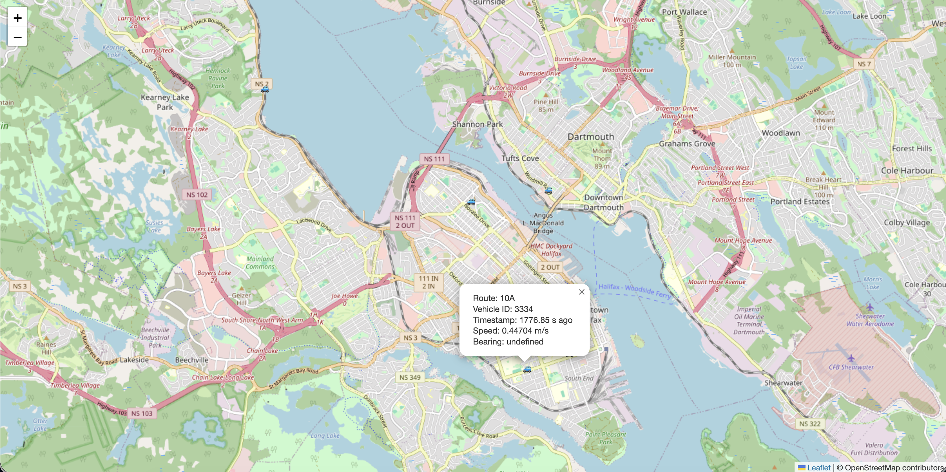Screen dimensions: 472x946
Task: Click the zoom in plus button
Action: [x=17, y=18]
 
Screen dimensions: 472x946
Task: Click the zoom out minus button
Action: [x=17, y=37]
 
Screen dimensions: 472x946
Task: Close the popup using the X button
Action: [x=582, y=292]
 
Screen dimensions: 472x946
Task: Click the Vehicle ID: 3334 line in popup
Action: [x=502, y=309]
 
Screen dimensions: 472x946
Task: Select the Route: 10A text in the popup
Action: [x=494, y=298]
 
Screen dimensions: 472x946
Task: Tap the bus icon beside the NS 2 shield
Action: [x=265, y=90]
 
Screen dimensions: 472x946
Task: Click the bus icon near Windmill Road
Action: [x=548, y=191]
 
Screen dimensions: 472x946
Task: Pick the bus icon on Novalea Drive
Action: [x=471, y=202]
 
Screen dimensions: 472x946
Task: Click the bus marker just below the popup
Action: [x=527, y=369]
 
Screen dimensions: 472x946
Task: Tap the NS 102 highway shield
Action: [x=197, y=195]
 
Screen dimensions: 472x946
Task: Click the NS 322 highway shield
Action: [x=810, y=424]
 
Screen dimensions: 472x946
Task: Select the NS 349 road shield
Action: [x=410, y=377]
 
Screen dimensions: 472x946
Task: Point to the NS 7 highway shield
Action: [x=864, y=64]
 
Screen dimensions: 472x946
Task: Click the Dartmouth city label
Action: [x=591, y=137]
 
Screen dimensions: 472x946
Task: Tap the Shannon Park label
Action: [x=477, y=124]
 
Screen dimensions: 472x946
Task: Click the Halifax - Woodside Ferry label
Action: [x=634, y=290]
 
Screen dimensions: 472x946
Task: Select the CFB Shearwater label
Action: [x=851, y=367]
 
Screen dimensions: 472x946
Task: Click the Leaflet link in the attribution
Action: [x=819, y=467]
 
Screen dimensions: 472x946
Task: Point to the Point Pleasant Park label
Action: [x=605, y=438]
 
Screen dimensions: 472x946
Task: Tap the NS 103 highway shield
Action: [x=142, y=414]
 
